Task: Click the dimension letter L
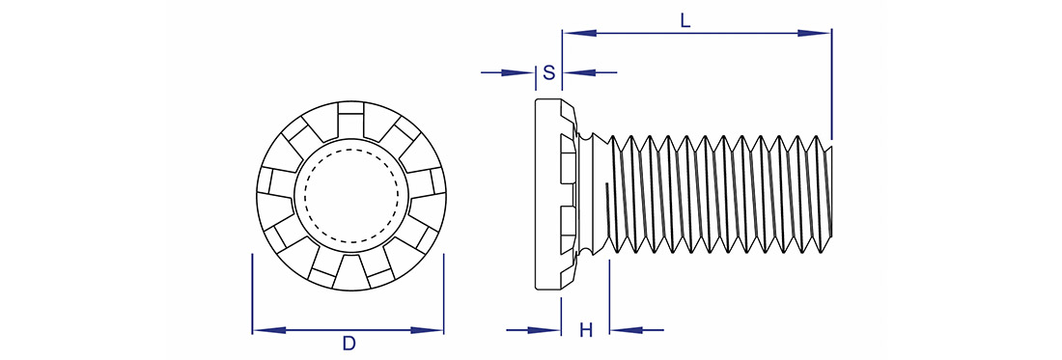pos(685,20)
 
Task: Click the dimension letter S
pos(549,72)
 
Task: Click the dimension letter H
pos(587,330)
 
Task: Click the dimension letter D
pos(349,344)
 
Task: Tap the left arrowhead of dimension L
pos(580,33)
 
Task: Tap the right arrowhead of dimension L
pos(814,33)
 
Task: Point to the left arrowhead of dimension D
pos(269,330)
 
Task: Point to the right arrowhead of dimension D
pos(427,330)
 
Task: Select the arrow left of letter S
pos(508,72)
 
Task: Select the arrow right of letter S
pos(590,72)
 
